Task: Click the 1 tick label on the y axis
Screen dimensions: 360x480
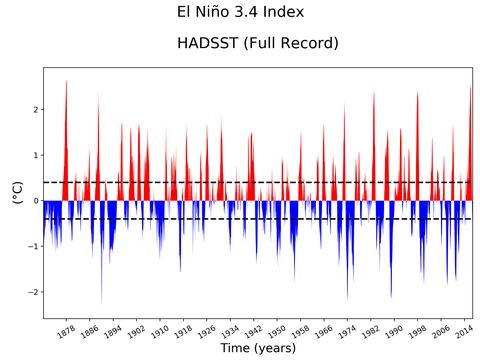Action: (35, 155)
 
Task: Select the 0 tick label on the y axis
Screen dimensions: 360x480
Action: (35, 201)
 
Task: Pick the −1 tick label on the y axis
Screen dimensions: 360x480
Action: (33, 247)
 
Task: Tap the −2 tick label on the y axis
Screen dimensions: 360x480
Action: (33, 292)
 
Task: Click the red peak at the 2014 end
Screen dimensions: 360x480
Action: (470, 88)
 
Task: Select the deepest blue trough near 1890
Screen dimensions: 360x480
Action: (101, 300)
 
